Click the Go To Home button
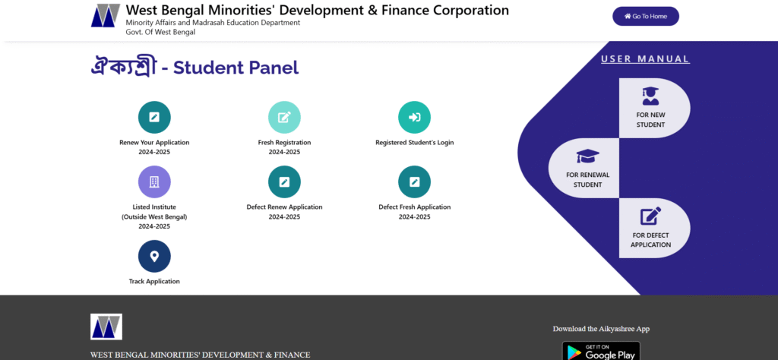coord(646,17)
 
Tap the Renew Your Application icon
coord(154,118)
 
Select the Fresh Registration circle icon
coord(284,118)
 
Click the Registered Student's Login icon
coord(414,118)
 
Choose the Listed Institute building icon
coord(154,182)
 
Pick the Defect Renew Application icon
coord(284,182)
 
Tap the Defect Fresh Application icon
coord(414,182)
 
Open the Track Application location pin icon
coord(154,257)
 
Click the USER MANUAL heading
coord(645,59)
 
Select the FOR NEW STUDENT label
coord(650,120)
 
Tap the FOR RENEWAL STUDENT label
coord(588,180)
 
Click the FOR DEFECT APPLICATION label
coord(650,240)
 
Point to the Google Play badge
coord(601,351)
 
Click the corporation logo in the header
coord(106,15)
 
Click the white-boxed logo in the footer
coord(106,327)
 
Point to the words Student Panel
coord(236,68)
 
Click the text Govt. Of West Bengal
coord(160,32)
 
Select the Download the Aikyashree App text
coord(601,329)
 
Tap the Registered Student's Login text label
coord(414,142)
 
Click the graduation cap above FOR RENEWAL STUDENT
coord(588,156)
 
